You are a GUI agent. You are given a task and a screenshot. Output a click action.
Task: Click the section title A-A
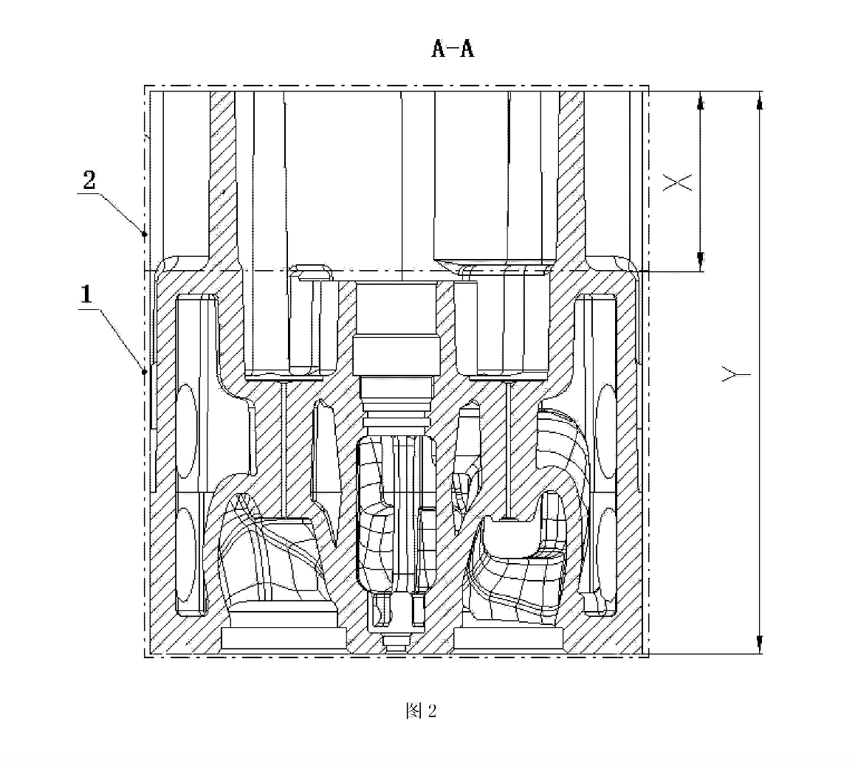pyautogui.click(x=453, y=49)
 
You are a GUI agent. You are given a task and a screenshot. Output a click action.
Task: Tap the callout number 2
pyautogui.click(x=89, y=180)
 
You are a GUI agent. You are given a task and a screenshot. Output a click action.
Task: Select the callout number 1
pyautogui.click(x=86, y=294)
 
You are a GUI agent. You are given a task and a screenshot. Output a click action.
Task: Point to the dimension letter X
pyautogui.click(x=678, y=182)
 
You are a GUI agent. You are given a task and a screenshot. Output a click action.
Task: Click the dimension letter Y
pyautogui.click(x=736, y=374)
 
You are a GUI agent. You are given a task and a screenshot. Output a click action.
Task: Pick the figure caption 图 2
pyautogui.click(x=421, y=711)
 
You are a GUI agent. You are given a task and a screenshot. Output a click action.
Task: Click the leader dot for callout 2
pyautogui.click(x=145, y=235)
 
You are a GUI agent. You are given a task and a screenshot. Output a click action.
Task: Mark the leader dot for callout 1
pyautogui.click(x=145, y=372)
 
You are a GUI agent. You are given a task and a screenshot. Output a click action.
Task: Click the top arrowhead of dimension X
pyautogui.click(x=701, y=100)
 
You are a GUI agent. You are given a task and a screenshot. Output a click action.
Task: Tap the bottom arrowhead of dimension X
pyautogui.click(x=701, y=261)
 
